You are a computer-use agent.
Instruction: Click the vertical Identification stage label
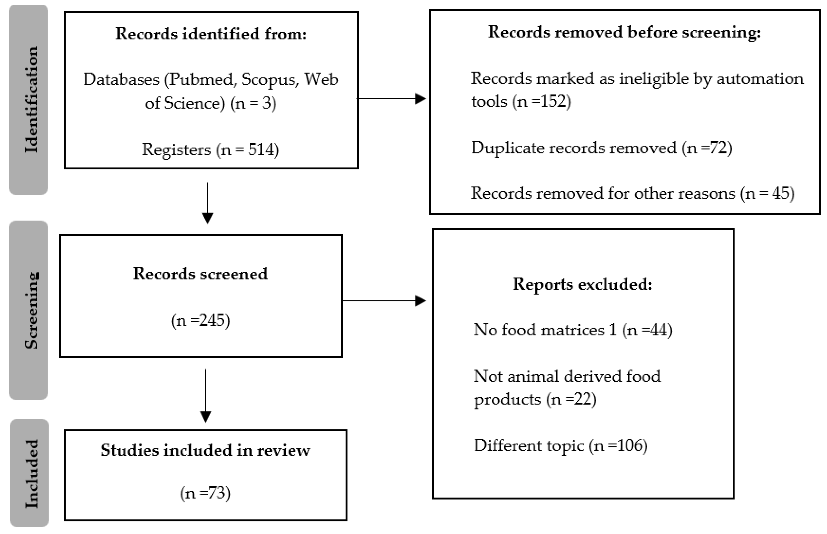31,100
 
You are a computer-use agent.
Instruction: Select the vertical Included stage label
31,474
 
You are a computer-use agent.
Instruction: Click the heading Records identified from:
211,34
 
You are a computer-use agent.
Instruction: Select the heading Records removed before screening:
624,32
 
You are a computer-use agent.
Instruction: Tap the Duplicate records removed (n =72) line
601,148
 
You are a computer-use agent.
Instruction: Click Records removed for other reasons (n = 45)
632,193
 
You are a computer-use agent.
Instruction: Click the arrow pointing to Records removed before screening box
392,99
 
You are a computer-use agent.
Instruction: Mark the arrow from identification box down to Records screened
207,203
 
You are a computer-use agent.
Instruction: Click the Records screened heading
200,274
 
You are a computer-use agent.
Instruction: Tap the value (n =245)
201,320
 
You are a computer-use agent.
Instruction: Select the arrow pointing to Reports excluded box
384,301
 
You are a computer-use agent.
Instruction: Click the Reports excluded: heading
582,284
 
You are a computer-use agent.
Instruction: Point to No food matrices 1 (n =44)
573,330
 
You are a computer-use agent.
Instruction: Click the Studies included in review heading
205,450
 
